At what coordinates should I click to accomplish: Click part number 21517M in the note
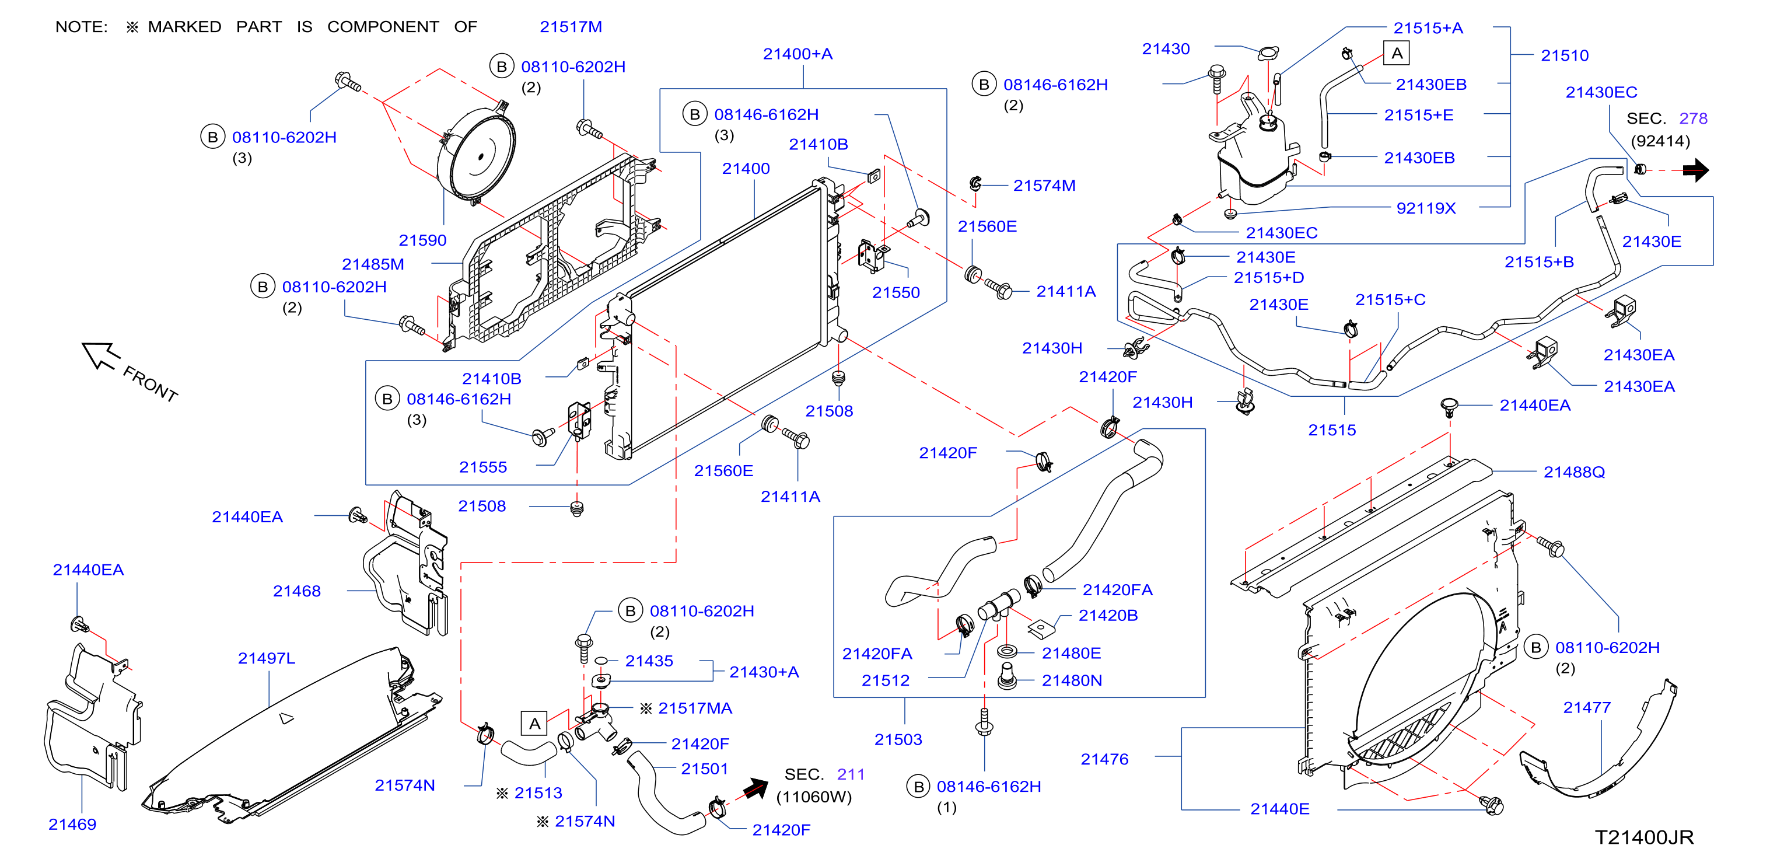(571, 27)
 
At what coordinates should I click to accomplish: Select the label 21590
(422, 240)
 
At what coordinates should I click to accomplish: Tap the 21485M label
(373, 264)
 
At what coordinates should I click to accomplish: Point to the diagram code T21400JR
(1643, 837)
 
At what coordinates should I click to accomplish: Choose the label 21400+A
(797, 54)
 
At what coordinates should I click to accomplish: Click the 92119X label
(1426, 208)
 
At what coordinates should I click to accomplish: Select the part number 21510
(1565, 55)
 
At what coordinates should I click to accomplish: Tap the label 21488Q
(1574, 472)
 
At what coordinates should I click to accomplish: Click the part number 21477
(1587, 707)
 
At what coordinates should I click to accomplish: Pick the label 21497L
(267, 658)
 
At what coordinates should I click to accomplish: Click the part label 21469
(72, 824)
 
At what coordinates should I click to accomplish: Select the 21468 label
(297, 591)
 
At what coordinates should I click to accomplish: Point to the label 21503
(898, 739)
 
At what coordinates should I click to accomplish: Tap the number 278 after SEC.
(1693, 118)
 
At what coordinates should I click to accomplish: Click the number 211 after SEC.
(851, 774)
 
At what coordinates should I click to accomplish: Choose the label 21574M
(1044, 186)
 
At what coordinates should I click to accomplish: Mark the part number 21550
(896, 293)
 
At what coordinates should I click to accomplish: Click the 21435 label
(649, 661)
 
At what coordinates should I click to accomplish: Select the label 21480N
(1072, 680)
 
